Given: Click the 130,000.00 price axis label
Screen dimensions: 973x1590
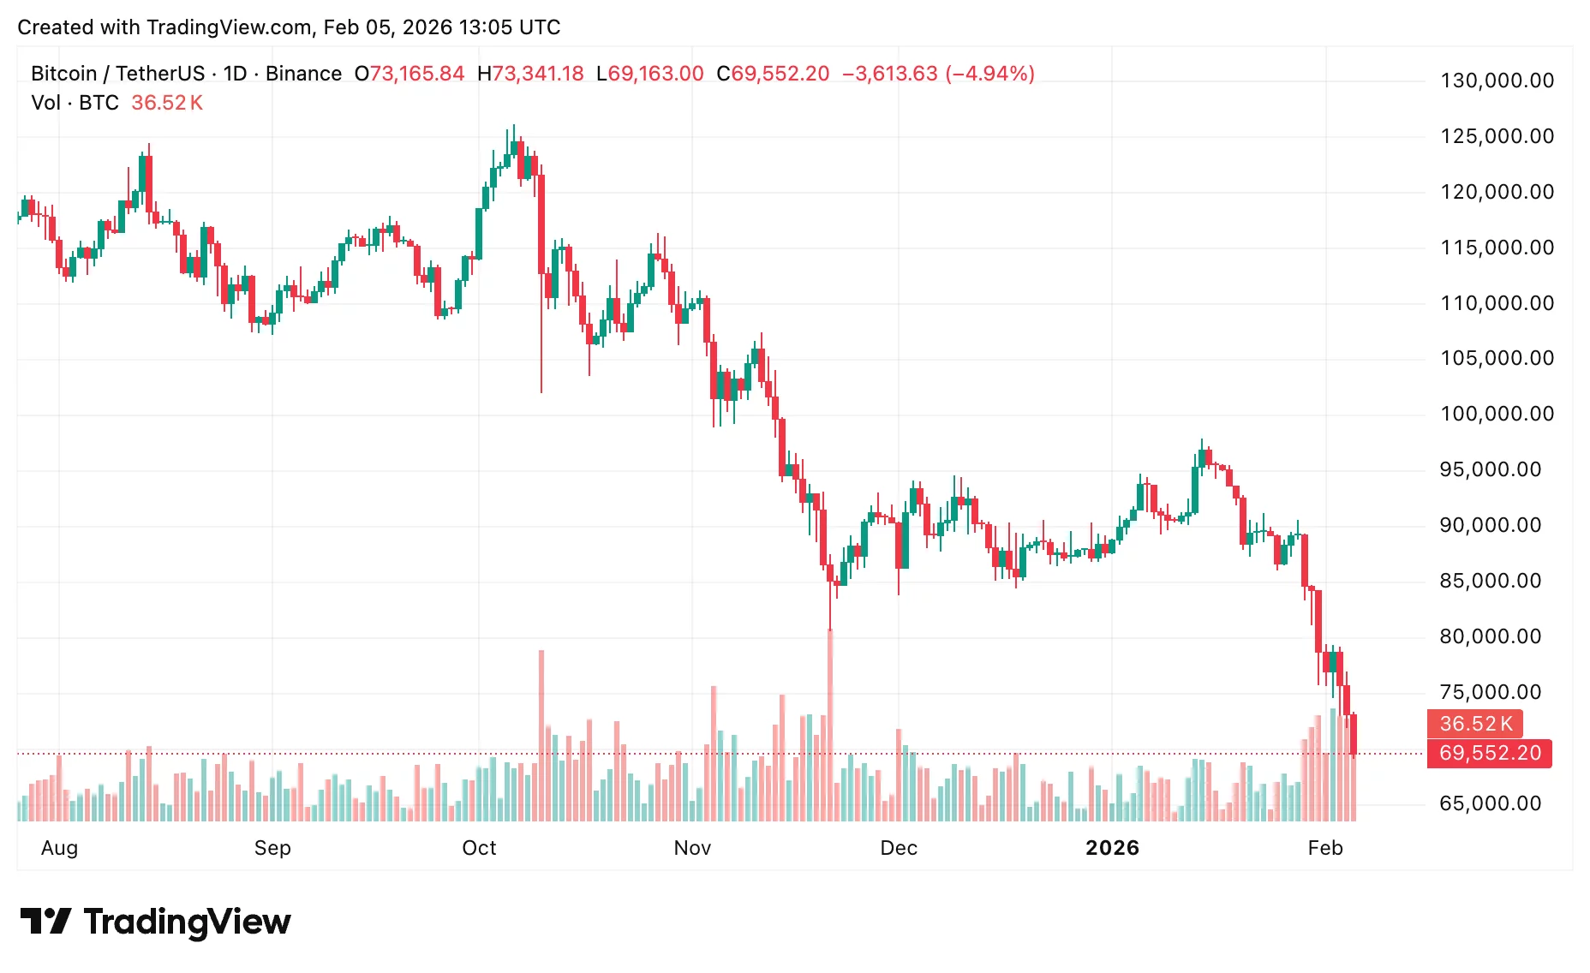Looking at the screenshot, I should pyautogui.click(x=1497, y=81).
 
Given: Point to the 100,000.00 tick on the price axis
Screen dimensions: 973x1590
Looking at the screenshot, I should pyautogui.click(x=1497, y=414).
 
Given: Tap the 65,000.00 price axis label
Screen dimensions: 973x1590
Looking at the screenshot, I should pyautogui.click(x=1491, y=803).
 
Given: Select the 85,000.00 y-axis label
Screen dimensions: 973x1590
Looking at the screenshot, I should pyautogui.click(x=1491, y=581).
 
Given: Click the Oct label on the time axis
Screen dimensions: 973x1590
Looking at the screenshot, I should pyautogui.click(x=479, y=848).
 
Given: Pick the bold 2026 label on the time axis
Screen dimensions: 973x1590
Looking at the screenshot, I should pyautogui.click(x=1112, y=848).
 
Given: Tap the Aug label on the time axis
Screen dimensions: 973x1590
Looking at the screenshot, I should pyautogui.click(x=59, y=848).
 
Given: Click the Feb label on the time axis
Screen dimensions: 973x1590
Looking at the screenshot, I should pyautogui.click(x=1325, y=848).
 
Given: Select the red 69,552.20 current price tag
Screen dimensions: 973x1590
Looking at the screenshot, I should pyautogui.click(x=1489, y=753).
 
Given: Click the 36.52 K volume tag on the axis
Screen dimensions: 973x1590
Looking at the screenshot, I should pyautogui.click(x=1475, y=724).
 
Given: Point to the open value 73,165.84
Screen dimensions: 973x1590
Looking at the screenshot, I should pyautogui.click(x=416, y=74).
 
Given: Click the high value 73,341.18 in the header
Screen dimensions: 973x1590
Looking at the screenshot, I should pyautogui.click(x=537, y=74).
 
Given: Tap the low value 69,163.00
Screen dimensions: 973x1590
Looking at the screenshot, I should pyautogui.click(x=655, y=74).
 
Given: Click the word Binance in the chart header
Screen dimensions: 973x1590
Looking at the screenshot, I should pyautogui.click(x=303, y=74).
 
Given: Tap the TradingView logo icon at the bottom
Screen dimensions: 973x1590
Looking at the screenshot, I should pyautogui.click(x=45, y=922).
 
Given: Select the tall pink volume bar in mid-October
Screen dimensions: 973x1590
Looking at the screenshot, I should pyautogui.click(x=541, y=737).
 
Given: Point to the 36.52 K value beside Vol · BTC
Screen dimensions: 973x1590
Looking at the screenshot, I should pyautogui.click(x=167, y=103).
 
